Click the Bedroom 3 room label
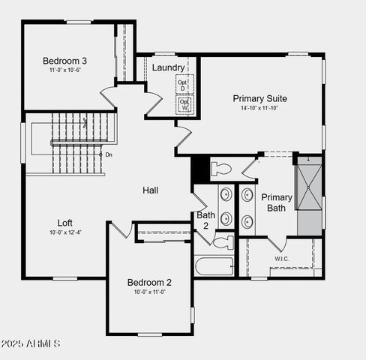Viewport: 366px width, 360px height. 64,61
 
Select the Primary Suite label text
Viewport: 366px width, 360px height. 259,98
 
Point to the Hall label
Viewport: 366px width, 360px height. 150,190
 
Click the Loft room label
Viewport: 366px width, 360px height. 66,223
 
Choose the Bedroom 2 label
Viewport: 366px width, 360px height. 149,282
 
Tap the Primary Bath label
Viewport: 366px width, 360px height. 276,202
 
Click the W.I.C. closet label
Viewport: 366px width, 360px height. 281,259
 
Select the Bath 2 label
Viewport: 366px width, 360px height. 205,220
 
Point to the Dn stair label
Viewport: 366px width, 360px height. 109,154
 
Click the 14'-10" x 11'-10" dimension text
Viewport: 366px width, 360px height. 259,108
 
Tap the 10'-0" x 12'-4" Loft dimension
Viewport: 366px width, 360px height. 66,232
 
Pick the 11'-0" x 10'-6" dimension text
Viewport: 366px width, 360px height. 64,70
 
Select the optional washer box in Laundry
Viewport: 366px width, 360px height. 184,104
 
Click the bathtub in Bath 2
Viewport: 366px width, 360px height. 214,266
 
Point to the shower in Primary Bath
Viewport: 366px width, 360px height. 308,193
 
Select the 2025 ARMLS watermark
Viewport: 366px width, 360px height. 31,343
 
